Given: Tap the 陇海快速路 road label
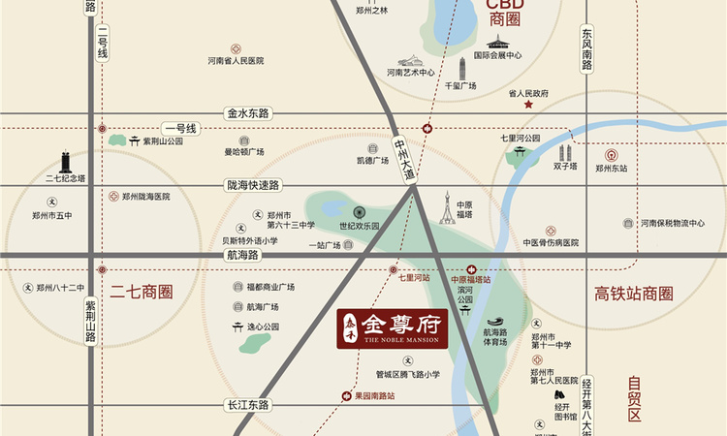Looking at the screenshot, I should click(252, 185).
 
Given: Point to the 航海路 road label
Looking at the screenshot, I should click(242, 255).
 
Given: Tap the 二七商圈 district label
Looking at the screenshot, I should click(142, 291).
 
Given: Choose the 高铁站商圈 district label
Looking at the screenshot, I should click(633, 294).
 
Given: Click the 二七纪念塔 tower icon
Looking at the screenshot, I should click(64, 162).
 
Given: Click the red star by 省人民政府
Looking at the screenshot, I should click(528, 105).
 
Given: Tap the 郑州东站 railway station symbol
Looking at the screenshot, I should click(612, 154).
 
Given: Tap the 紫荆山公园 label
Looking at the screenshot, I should click(163, 140).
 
